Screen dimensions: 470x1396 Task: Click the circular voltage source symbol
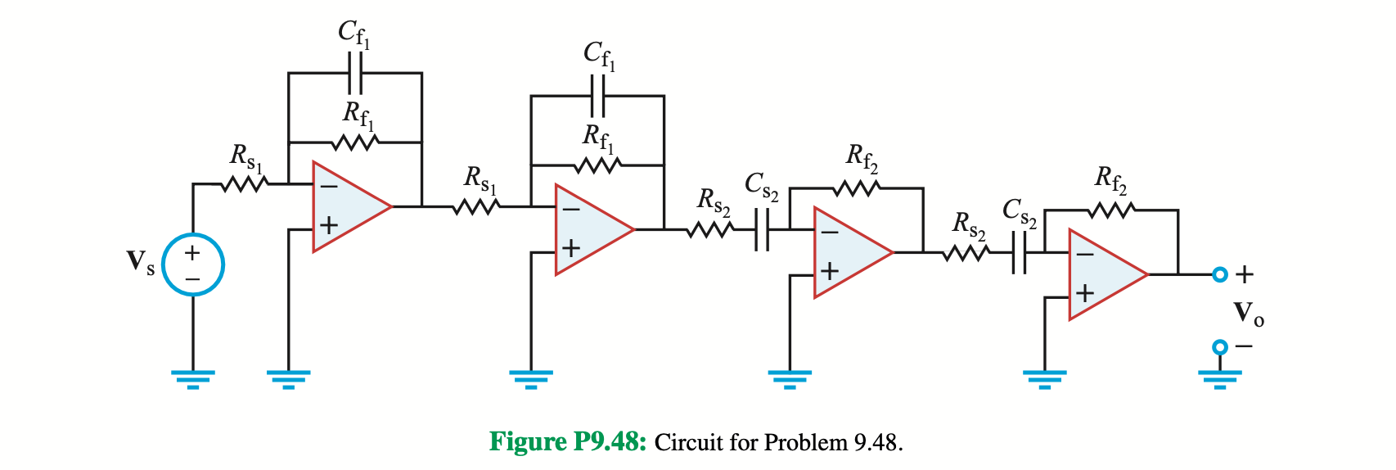coord(192,264)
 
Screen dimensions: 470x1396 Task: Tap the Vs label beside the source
coord(140,263)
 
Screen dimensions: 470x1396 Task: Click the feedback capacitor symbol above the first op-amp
coord(355,73)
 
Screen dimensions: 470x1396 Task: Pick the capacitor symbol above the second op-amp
coord(597,96)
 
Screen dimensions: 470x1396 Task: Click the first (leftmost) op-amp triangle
coord(348,206)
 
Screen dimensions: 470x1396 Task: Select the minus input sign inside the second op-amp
coord(570,210)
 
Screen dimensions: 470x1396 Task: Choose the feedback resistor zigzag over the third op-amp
coord(857,188)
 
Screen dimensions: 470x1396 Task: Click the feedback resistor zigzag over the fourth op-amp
coord(1110,210)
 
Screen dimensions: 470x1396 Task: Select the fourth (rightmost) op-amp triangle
coord(1104,274)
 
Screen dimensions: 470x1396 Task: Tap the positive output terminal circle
coord(1219,274)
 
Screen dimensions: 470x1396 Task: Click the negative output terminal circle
coord(1219,346)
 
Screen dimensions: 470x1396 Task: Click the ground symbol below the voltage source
coord(192,377)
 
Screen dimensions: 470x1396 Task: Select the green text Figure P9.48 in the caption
coord(568,442)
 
